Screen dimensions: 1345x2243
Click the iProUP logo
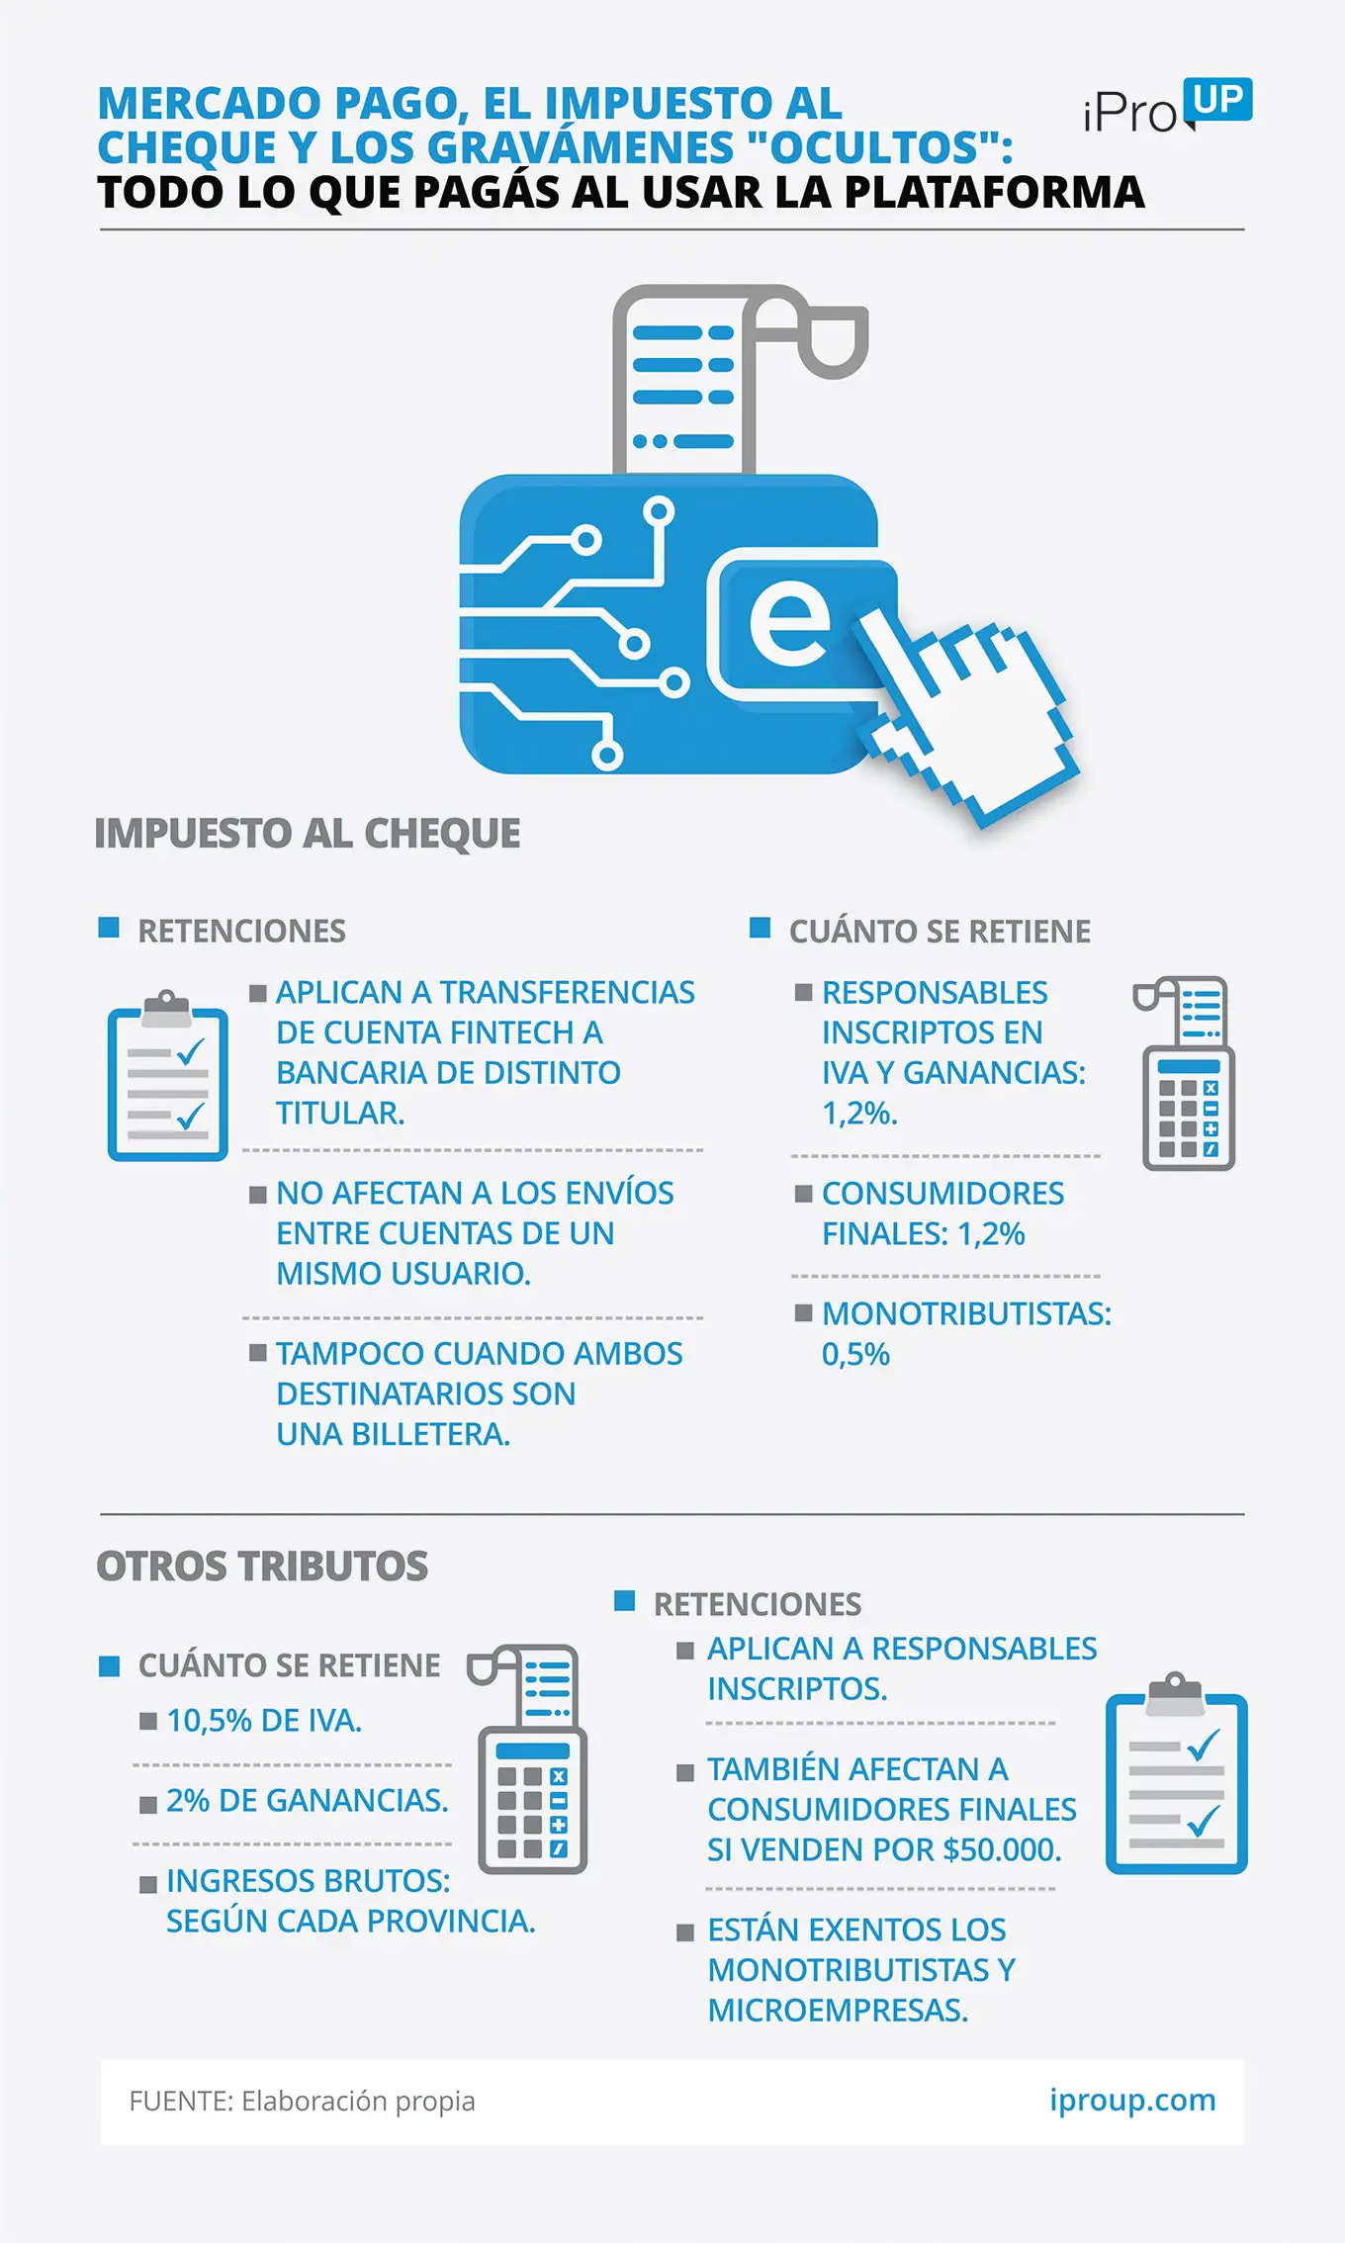click(1168, 107)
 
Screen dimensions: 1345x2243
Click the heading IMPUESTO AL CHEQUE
click(308, 834)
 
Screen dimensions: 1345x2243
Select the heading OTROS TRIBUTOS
click(262, 1567)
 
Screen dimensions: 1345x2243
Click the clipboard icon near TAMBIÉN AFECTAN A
click(1176, 1772)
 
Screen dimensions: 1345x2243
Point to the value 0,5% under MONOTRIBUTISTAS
click(856, 1354)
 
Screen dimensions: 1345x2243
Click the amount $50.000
click(1003, 1849)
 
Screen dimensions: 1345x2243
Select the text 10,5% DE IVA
click(264, 1721)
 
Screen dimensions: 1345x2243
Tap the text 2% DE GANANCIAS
click(308, 1801)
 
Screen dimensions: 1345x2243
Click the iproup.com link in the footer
click(1132, 2101)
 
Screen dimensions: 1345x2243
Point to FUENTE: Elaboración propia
click(302, 2101)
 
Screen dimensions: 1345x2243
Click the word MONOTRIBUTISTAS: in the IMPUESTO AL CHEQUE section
click(967, 1313)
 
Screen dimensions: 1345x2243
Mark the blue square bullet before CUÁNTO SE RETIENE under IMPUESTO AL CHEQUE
click(760, 928)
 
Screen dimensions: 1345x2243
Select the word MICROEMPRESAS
click(838, 2011)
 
